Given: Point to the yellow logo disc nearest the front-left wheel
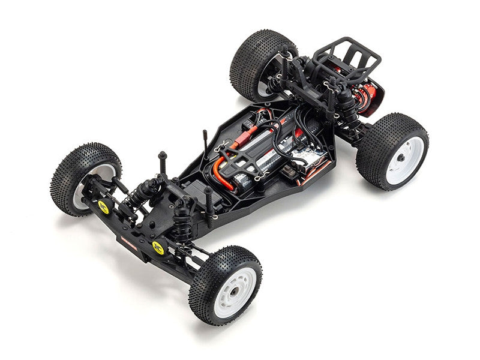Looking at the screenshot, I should [103, 207].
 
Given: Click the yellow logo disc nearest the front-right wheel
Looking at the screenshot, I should [158, 247].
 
